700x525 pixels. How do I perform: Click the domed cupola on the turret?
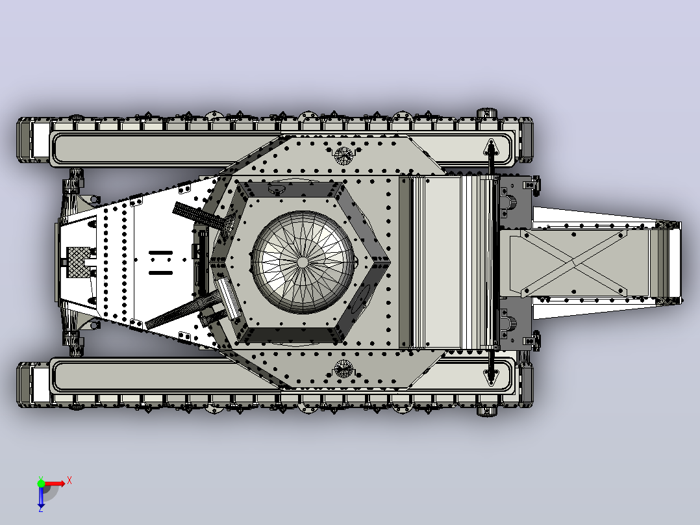click(303, 262)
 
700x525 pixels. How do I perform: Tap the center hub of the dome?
click(303, 262)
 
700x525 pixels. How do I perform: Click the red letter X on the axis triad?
click(69, 481)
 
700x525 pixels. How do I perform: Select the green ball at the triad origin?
click(41, 483)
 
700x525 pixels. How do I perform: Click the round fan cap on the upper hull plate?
click(344, 155)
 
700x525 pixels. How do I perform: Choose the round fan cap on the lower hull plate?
click(344, 368)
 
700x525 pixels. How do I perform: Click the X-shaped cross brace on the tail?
click(575, 263)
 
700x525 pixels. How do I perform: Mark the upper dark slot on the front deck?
click(161, 253)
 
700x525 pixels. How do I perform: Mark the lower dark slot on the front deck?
click(161, 272)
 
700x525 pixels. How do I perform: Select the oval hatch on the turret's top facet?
click(276, 189)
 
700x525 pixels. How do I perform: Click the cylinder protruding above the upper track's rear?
click(488, 112)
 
